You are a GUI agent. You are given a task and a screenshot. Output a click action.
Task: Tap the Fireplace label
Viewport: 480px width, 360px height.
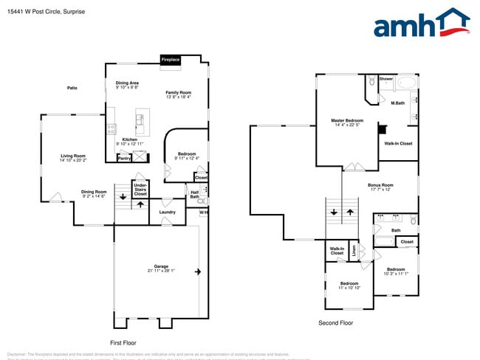[171, 60]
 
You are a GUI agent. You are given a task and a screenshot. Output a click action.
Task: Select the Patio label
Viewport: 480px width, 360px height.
[72, 88]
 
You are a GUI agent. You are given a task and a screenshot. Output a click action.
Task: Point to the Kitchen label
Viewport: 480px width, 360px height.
[129, 139]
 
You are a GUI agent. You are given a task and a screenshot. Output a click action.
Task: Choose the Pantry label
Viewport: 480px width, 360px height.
[124, 157]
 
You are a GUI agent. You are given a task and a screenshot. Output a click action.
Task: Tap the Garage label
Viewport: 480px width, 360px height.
[161, 266]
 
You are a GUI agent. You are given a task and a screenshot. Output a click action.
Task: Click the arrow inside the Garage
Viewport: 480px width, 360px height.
[197, 272]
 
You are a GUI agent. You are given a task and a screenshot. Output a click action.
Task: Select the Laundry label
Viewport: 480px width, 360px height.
[167, 212]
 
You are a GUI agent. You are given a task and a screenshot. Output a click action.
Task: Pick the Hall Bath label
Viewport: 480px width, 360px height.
[195, 195]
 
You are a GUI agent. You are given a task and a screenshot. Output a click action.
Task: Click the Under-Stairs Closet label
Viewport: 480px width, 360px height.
[140, 190]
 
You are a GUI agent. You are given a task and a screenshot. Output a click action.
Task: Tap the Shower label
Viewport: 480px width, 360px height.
[386, 79]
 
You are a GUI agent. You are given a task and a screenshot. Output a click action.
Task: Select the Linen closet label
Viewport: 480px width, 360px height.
[354, 251]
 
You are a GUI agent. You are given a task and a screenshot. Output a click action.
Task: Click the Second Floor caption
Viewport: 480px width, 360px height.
[335, 323]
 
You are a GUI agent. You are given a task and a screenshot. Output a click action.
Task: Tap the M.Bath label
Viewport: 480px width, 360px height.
[397, 103]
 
